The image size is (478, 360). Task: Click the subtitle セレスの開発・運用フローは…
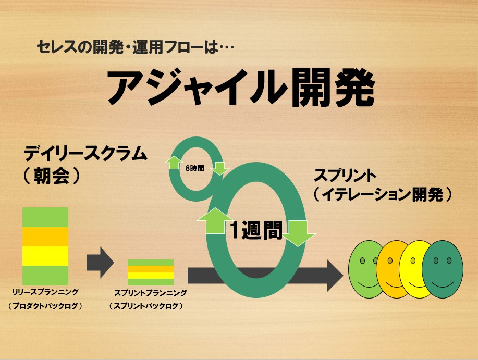[136, 47]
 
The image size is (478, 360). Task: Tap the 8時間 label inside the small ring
[195, 168]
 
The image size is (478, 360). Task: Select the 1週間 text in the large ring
[256, 230]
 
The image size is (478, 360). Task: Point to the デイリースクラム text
[85, 154]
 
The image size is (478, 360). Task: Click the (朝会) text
[52, 176]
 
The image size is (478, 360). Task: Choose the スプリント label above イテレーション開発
[345, 176]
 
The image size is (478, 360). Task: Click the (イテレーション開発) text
[382, 194]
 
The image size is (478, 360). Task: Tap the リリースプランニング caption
[45, 292]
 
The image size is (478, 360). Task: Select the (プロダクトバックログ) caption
[45, 306]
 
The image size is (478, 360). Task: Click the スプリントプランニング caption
[150, 293]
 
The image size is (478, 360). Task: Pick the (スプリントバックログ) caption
[146, 306]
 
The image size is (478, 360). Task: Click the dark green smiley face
[443, 269]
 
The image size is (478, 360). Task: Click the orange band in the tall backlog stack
[45, 237]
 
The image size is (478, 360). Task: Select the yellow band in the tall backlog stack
[45, 256]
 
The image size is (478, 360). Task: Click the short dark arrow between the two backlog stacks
[100, 262]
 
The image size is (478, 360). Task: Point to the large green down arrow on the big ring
[298, 233]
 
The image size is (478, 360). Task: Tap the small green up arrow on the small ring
[173, 163]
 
